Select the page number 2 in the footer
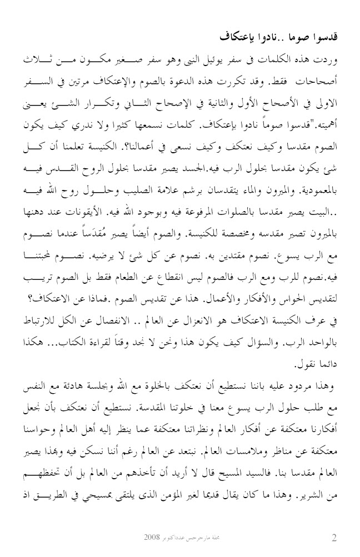334,538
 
